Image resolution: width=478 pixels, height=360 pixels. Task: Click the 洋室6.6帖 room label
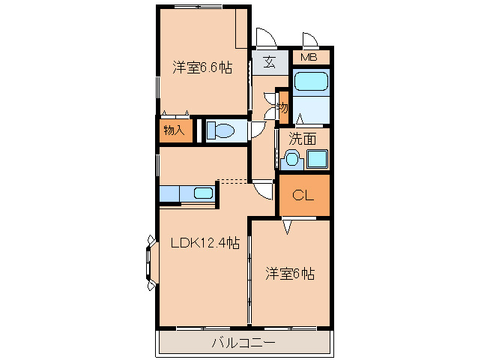(x=202, y=67)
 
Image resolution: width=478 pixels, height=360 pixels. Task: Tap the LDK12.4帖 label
(x=205, y=243)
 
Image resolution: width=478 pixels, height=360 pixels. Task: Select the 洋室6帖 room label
(x=290, y=273)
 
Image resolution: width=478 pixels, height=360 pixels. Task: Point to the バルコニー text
(x=243, y=343)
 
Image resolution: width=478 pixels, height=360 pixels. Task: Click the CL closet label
(x=303, y=195)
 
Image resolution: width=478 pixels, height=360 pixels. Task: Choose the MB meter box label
(x=309, y=57)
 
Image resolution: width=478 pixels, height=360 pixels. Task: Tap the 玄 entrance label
(x=270, y=62)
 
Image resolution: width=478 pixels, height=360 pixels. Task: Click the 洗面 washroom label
(x=303, y=139)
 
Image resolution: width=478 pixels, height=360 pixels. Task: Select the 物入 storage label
(x=174, y=130)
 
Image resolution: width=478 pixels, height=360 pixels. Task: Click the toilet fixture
(x=220, y=130)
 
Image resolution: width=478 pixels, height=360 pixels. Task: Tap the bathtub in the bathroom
(x=311, y=82)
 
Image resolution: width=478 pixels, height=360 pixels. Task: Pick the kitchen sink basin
(x=203, y=193)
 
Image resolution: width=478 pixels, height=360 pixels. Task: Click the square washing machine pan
(x=318, y=159)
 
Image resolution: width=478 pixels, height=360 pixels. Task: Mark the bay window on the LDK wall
(x=151, y=262)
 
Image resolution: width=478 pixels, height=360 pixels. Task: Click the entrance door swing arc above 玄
(x=266, y=38)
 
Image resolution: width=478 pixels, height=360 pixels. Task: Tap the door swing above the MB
(x=310, y=40)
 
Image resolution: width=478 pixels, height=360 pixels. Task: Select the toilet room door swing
(x=258, y=130)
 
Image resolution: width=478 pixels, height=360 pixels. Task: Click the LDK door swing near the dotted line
(x=262, y=190)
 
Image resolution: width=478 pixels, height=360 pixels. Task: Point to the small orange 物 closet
(x=283, y=107)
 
